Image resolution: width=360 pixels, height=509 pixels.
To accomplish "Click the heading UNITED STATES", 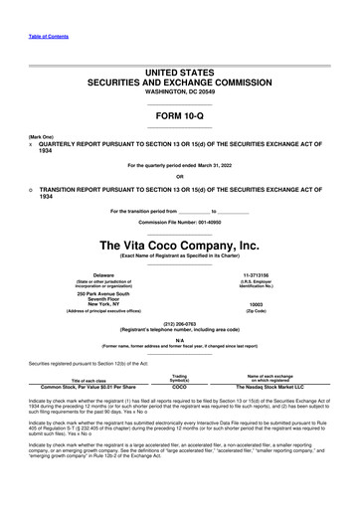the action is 180,74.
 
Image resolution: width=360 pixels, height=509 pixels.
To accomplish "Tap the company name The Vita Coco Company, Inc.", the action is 180,245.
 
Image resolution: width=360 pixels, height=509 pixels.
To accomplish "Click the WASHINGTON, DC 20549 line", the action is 180,94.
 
